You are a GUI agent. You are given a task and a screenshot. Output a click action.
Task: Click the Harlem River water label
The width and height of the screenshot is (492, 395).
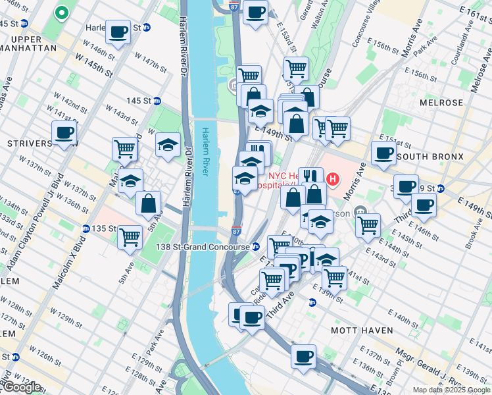[206, 151]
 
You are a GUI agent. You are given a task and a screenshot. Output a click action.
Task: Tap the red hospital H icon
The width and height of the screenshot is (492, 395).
[333, 178]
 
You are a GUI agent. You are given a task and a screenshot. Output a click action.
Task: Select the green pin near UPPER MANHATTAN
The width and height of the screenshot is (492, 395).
[62, 12]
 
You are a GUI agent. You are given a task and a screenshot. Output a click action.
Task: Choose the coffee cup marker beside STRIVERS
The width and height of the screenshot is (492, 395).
[64, 132]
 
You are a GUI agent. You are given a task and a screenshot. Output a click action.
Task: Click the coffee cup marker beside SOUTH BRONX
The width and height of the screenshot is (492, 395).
[383, 152]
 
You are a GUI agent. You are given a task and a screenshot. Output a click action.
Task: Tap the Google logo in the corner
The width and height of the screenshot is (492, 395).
[21, 387]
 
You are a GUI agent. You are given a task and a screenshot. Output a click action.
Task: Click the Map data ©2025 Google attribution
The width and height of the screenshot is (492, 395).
[451, 389]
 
